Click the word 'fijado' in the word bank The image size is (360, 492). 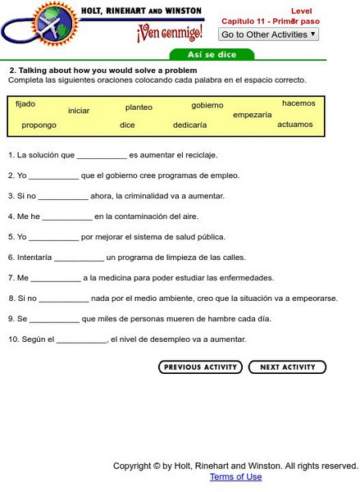[x=25, y=104]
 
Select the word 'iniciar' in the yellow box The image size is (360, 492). [x=79, y=111]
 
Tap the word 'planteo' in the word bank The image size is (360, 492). [x=139, y=107]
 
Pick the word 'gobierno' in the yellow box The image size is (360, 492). [x=207, y=105]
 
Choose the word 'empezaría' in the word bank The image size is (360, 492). [x=252, y=115]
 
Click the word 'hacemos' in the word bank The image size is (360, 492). [x=298, y=103]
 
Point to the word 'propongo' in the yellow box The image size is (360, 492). [x=39, y=125]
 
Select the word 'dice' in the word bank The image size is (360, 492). [x=127, y=125]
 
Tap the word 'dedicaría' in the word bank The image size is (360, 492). [x=189, y=125]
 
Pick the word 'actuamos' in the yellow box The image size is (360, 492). [x=295, y=125]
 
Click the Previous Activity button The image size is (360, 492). [x=200, y=367]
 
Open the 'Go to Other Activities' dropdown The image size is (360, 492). [x=268, y=34]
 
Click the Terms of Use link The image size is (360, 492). [x=235, y=476]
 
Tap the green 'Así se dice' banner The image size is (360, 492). [x=212, y=55]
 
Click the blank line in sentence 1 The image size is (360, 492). [x=102, y=156]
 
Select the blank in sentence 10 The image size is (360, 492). [x=82, y=340]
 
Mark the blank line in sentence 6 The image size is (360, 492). [x=79, y=258]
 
